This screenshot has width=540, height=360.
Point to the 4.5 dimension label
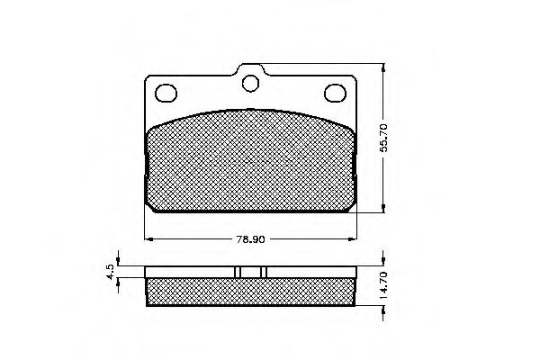(x=110, y=273)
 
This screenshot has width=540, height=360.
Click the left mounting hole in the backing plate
(x=166, y=92)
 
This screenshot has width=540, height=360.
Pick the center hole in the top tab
(x=250, y=85)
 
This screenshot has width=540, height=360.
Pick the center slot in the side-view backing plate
(x=250, y=272)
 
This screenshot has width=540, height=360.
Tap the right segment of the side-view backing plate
(x=310, y=272)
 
